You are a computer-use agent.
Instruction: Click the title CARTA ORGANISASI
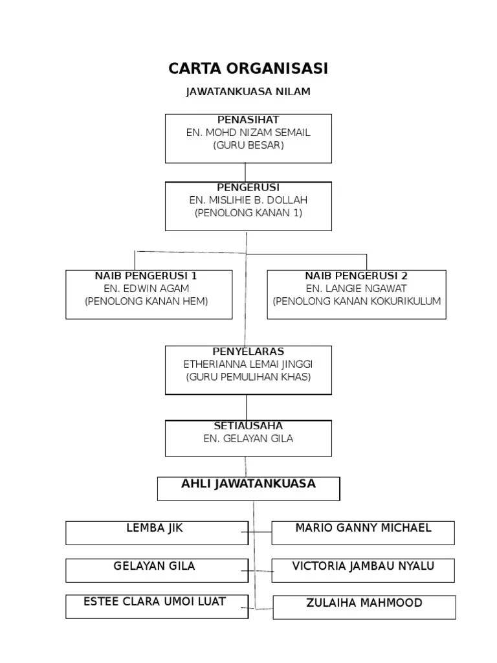coord(248,69)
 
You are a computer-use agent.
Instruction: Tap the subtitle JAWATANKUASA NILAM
coord(248,92)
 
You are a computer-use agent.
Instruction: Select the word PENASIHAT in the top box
coord(248,120)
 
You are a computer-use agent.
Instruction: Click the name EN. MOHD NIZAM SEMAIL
coord(248,132)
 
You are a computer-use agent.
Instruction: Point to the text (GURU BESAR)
coord(248,145)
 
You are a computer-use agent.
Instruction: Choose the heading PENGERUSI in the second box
coord(248,188)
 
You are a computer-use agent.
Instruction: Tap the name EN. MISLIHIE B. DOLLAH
coord(248,200)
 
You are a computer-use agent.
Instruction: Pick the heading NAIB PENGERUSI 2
coord(357,276)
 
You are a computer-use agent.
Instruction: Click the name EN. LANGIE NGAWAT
coord(357,288)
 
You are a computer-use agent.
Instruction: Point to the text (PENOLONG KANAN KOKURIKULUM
coord(357,301)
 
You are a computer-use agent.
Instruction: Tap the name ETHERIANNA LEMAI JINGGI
coord(248,364)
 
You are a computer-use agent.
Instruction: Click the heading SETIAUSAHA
coord(248,426)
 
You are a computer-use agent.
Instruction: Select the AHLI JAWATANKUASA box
coord(248,489)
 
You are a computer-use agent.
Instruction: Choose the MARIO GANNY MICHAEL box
coord(363,532)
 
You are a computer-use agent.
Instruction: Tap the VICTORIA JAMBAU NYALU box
coord(363,570)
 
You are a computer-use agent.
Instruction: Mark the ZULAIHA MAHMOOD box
coord(364,607)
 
